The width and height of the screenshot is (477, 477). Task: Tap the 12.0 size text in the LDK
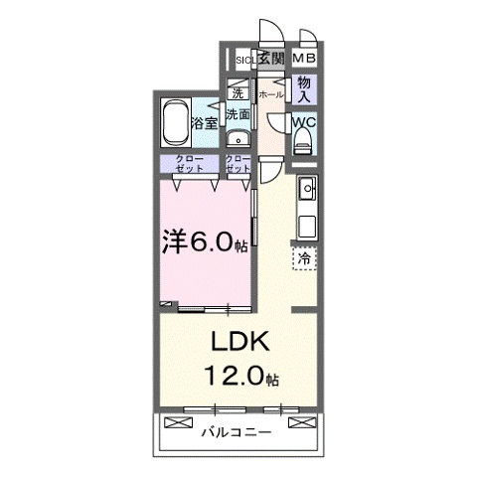click(x=242, y=378)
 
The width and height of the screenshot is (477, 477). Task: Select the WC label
click(x=304, y=122)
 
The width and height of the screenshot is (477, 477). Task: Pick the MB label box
click(x=304, y=60)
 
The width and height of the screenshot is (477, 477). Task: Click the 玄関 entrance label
click(x=271, y=60)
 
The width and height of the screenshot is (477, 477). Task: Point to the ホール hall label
click(x=271, y=95)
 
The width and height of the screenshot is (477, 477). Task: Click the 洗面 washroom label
click(x=238, y=115)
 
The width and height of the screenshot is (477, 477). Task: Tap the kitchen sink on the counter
click(x=307, y=187)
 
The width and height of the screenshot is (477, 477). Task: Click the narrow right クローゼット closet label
click(x=238, y=164)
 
